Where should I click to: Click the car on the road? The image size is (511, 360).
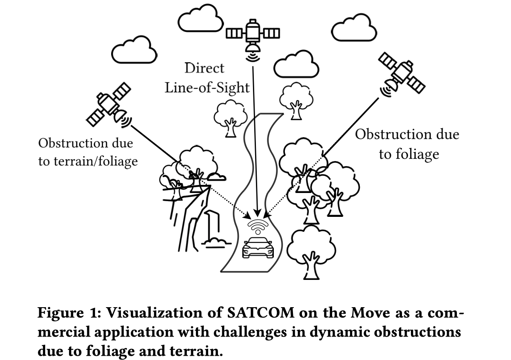[257, 248]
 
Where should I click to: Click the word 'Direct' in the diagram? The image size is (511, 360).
[204, 68]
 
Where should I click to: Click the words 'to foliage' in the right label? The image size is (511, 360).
[408, 154]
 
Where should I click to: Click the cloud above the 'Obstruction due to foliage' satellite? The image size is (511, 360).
[354, 30]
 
